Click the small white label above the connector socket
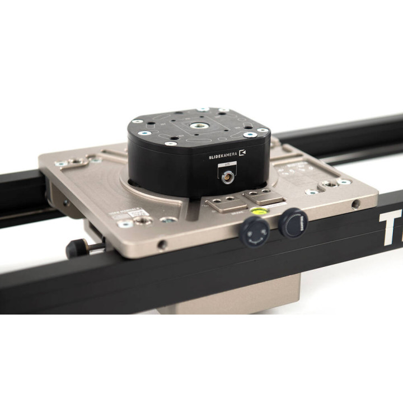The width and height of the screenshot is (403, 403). click(227, 165)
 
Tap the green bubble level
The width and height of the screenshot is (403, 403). click(260, 211)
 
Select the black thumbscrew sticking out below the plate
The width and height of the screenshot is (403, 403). click(78, 247)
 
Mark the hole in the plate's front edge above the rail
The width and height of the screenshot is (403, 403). click(162, 245)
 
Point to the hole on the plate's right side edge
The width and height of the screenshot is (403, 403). click(356, 204)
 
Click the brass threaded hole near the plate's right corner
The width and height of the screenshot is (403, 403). click(330, 184)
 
